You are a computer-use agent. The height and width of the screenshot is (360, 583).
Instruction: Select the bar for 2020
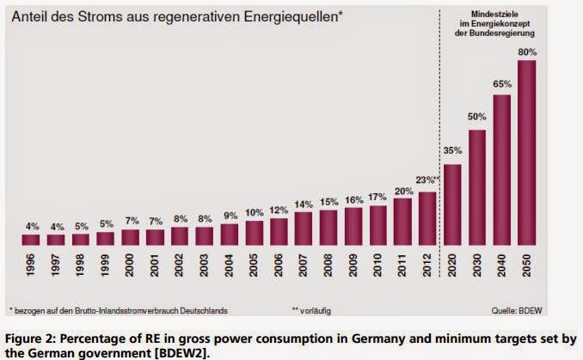point(452,203)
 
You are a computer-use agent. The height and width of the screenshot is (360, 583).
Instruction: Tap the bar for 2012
point(427,217)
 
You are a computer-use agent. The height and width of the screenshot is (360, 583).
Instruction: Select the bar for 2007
point(304,228)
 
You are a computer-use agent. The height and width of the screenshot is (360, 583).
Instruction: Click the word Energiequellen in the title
point(288,17)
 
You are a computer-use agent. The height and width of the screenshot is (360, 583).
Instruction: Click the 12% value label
point(279,210)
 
